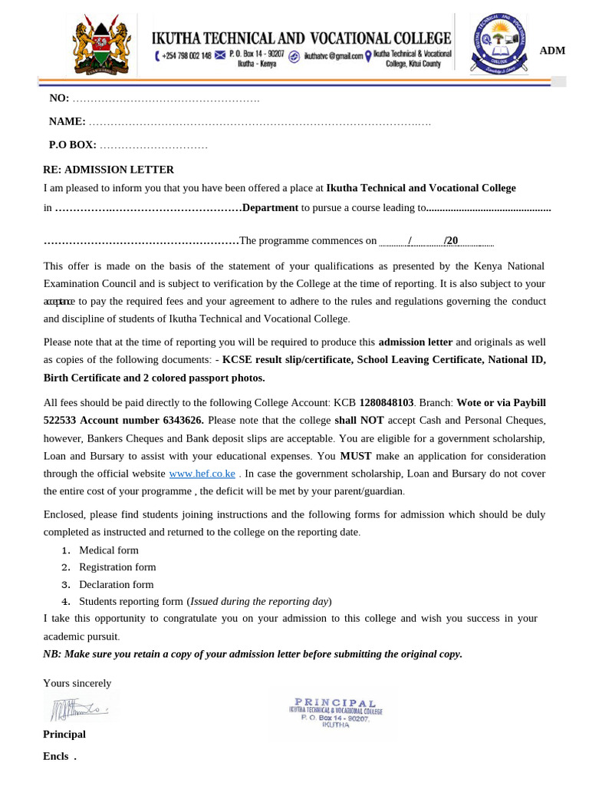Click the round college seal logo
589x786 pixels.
tap(499, 44)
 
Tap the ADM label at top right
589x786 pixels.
tap(552, 51)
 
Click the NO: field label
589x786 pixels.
tap(59, 97)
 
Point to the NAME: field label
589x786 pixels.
tap(67, 121)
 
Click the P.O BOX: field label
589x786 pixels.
tap(72, 144)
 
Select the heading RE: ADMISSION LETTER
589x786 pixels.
tap(108, 170)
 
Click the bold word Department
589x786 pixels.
tap(270, 207)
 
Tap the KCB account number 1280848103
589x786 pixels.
tap(386, 401)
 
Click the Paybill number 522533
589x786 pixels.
tap(60, 420)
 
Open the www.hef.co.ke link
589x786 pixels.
tap(202, 474)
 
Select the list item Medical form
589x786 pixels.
tap(109, 550)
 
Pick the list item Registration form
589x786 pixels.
tap(117, 567)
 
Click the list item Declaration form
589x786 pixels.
tap(116, 584)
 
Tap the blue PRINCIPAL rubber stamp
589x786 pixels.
tap(335, 712)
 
